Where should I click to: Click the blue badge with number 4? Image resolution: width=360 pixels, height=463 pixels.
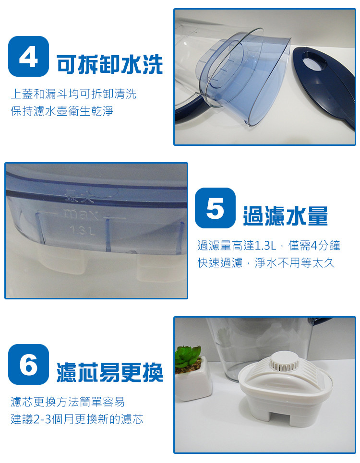29,57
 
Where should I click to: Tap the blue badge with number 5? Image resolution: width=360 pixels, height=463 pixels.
216,208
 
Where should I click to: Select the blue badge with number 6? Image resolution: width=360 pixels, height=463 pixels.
29,364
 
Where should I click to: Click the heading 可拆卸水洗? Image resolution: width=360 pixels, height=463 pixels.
109,64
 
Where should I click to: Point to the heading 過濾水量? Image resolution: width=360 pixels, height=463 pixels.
285,216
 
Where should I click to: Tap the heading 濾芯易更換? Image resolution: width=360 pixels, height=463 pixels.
109,372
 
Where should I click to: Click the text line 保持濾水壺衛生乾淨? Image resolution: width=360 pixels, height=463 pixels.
62,111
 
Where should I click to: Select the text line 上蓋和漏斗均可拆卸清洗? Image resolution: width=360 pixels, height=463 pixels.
73,94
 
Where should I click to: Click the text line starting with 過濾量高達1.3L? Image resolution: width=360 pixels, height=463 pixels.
269,245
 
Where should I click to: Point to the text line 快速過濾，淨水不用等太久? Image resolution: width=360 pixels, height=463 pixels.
266,262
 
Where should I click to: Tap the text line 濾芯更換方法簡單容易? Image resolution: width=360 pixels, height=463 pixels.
68,402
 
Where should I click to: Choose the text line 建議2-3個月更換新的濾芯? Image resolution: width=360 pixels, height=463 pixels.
77,419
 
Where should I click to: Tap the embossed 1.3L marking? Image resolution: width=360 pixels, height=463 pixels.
83,231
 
